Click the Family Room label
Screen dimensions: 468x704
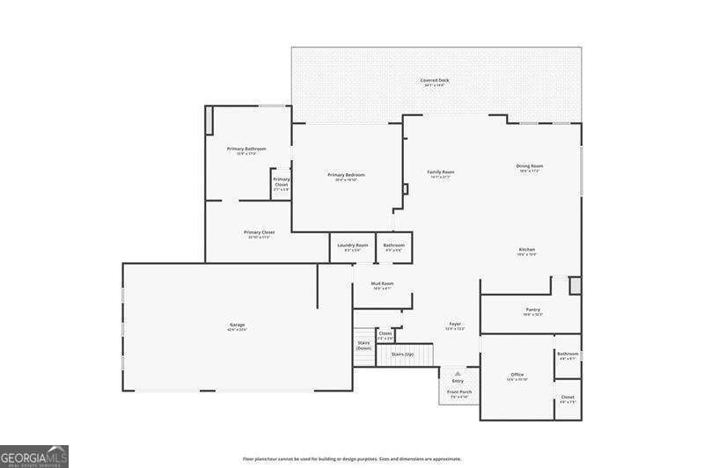[x=441, y=173]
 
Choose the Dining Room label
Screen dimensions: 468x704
[x=529, y=167]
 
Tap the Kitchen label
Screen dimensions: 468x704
[x=526, y=251]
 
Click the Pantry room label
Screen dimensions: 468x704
[x=532, y=311]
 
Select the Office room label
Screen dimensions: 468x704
[x=517, y=377]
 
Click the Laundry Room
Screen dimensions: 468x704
[x=352, y=247]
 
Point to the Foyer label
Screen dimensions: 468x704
[x=455, y=325]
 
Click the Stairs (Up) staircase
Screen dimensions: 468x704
[x=402, y=355]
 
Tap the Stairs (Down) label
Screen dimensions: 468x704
[x=363, y=345]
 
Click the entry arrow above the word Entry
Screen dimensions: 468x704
[x=458, y=374]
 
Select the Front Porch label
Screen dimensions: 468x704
[x=459, y=393]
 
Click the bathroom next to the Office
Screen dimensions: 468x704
[x=568, y=355]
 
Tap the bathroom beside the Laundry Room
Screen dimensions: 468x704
[x=393, y=247]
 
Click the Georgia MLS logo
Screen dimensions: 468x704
[x=34, y=456]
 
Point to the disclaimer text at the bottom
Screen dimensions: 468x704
[x=352, y=458]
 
